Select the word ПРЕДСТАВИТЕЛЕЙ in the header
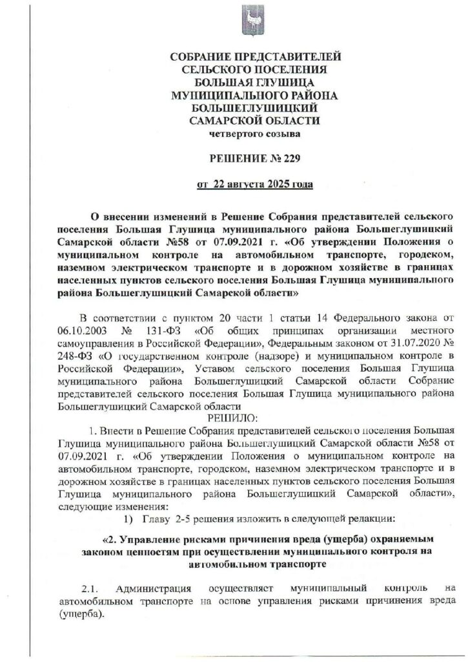coord(285,58)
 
